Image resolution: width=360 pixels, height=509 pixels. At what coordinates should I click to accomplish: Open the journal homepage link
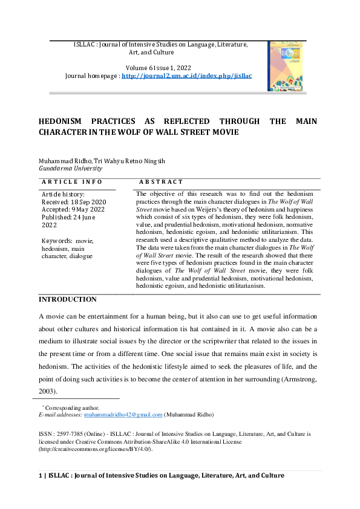[186, 76]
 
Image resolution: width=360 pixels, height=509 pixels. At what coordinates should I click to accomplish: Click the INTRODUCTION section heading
[67, 299]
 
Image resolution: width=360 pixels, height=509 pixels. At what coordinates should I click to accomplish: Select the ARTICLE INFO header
[72, 181]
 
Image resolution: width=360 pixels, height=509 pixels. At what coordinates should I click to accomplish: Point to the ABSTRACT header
[160, 181]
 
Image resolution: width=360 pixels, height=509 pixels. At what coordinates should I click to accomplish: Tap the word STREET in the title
[206, 132]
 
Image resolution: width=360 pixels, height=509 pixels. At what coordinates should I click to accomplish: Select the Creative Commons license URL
[96, 449]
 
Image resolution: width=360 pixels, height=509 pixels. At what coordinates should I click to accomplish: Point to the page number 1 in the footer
[41, 476]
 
